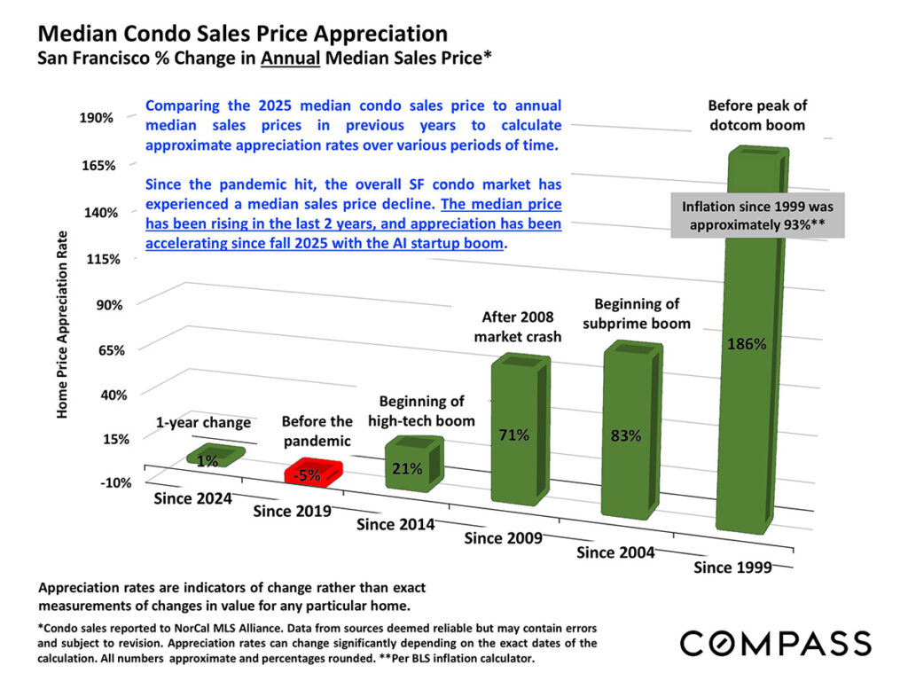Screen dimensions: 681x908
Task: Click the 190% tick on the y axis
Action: (99, 118)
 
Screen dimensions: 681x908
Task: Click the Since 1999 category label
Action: (732, 566)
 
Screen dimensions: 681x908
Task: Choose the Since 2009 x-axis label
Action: (504, 537)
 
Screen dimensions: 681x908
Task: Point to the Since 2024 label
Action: (192, 497)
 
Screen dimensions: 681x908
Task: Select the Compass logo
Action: (775, 642)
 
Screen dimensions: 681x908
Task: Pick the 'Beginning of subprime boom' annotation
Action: (636, 313)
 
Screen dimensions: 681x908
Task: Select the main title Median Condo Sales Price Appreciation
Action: (242, 35)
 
